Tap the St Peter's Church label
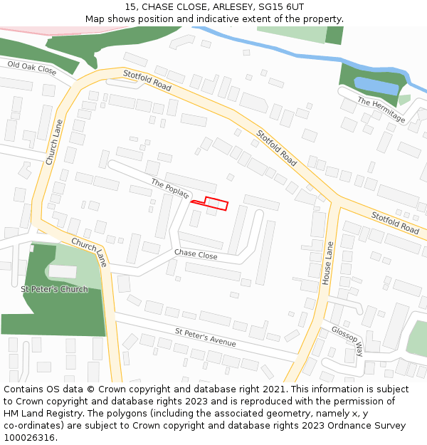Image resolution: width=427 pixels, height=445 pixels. pyautogui.click(x=54, y=289)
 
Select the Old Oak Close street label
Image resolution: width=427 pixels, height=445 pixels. pyautogui.click(x=32, y=68)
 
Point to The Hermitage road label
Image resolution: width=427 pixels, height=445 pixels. pyautogui.click(x=381, y=110)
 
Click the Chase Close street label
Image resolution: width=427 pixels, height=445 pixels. pyautogui.click(x=196, y=254)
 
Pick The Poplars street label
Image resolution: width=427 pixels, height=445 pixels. pyautogui.click(x=170, y=189)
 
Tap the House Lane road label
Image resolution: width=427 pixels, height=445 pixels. pyautogui.click(x=328, y=263)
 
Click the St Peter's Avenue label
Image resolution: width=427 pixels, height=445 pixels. pyautogui.click(x=205, y=337)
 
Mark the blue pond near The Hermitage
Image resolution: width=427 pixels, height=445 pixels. pyautogui.click(x=376, y=86)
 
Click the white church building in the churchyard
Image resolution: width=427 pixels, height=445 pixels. pyautogui.click(x=62, y=271)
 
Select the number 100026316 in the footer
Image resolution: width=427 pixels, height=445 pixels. pyautogui.click(x=29, y=438)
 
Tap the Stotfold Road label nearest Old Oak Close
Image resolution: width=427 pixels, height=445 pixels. pyautogui.click(x=147, y=80)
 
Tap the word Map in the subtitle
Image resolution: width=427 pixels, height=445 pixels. pyautogui.click(x=95, y=19)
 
